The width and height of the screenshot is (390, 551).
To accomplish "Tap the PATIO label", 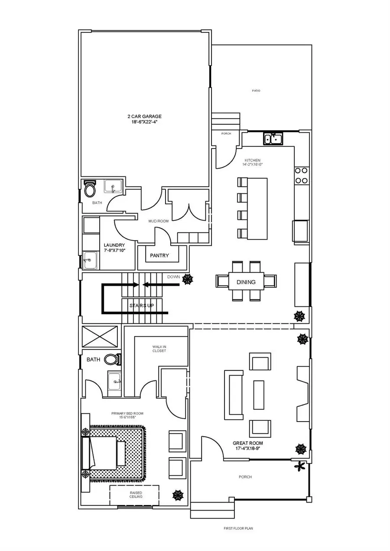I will pyautogui.click(x=256, y=91).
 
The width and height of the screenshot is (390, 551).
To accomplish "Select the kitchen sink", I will pyautogui.click(x=273, y=139).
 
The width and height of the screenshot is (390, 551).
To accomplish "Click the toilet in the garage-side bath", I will pyautogui.click(x=90, y=189).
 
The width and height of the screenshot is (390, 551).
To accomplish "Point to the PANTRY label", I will pyautogui.click(x=159, y=256).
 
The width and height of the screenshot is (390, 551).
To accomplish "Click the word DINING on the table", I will pyautogui.click(x=246, y=282).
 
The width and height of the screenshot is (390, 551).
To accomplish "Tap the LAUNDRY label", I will pyautogui.click(x=114, y=248).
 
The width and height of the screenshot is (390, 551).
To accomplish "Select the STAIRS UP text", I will pyautogui.click(x=142, y=306).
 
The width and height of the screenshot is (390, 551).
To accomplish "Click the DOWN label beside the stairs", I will pyautogui.click(x=173, y=277).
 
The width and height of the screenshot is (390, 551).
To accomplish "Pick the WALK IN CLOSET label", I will pyautogui.click(x=159, y=348).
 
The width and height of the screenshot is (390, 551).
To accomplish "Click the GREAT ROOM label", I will pyautogui.click(x=248, y=446).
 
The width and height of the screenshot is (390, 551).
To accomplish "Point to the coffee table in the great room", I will pyautogui.click(x=259, y=395).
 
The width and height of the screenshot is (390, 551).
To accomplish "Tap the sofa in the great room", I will pyautogui.click(x=233, y=395).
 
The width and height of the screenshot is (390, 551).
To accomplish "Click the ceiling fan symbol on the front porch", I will pyautogui.click(x=299, y=467).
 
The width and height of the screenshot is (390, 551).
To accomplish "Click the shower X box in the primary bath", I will pyautogui.click(x=100, y=336).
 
